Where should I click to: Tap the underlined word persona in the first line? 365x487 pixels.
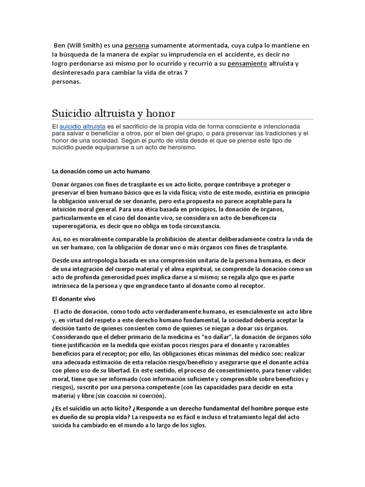(137, 46)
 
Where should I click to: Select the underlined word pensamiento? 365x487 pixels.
(247, 63)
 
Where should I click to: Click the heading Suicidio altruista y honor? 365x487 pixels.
(113, 113)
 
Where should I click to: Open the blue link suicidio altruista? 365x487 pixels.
(83, 127)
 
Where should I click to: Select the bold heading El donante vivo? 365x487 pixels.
(74, 299)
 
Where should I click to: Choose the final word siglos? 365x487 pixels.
(196, 426)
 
